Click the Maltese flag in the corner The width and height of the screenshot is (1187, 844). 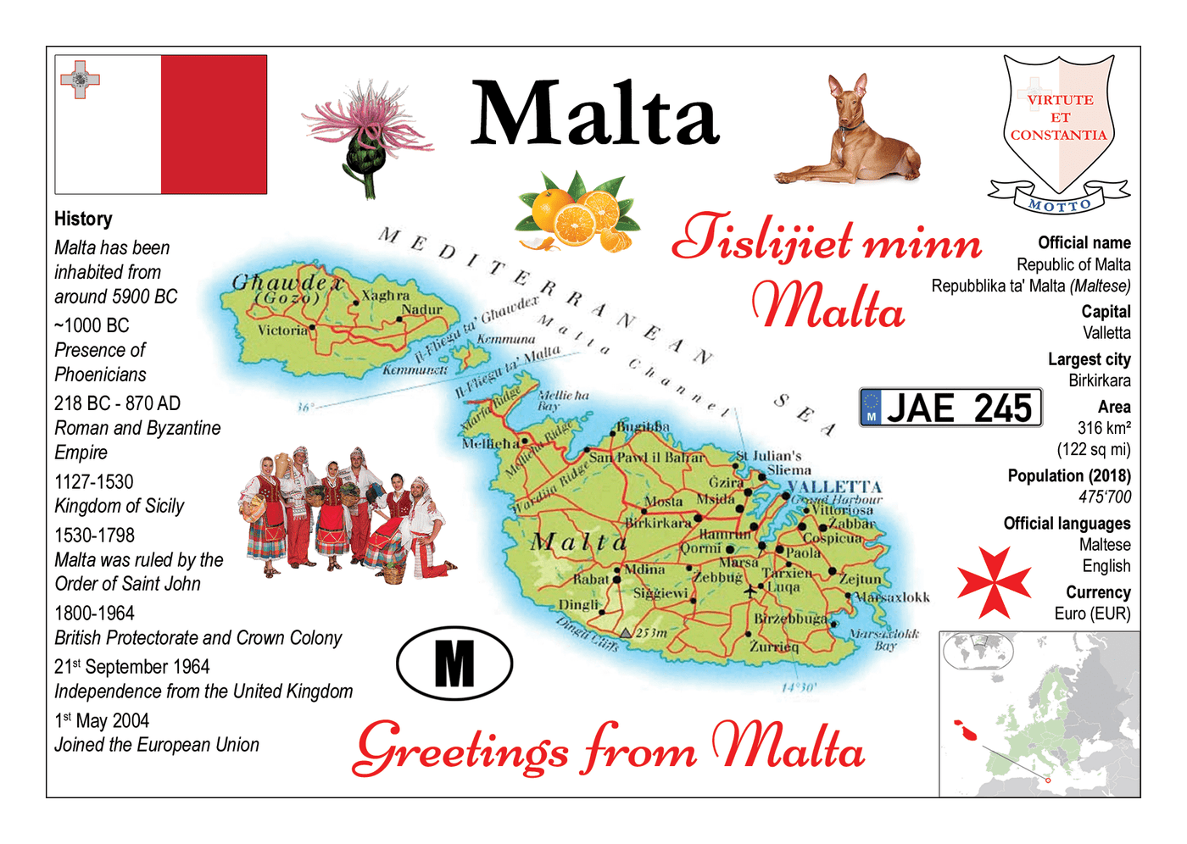(161, 125)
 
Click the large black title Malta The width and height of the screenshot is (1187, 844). (595, 114)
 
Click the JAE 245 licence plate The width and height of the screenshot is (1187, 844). (950, 408)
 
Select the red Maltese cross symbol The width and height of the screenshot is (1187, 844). (993, 583)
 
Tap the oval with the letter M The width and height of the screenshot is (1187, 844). (454, 664)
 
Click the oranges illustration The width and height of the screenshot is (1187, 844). (576, 213)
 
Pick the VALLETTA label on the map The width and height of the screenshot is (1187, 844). (834, 486)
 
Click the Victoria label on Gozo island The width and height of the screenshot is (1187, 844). (282, 330)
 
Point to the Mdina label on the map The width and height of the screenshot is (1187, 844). (644, 569)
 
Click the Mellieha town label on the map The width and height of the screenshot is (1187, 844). (490, 443)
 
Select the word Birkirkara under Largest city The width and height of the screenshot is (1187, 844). (1099, 380)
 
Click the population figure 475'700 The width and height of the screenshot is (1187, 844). (1105, 497)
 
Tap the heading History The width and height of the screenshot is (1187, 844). (83, 219)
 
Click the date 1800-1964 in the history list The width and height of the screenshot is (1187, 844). (94, 613)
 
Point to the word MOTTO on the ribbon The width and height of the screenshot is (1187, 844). (1059, 205)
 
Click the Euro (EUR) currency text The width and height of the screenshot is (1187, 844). (1092, 614)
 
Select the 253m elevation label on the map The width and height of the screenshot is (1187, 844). (651, 632)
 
